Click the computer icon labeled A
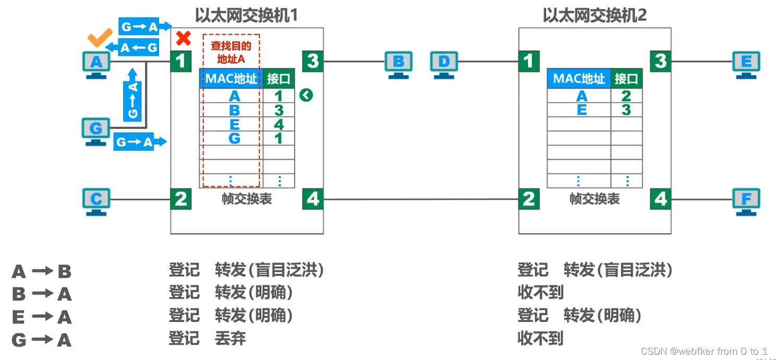point(96,64)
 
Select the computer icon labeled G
point(96,129)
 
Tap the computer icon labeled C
point(96,200)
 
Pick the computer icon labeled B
point(398,63)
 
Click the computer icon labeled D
point(444,63)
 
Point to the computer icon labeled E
point(746,63)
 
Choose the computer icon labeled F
point(746,200)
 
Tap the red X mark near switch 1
point(183,38)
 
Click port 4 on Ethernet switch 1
point(313,199)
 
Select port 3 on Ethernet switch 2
point(661,62)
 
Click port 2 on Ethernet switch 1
point(181,199)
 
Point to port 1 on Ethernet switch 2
point(529,62)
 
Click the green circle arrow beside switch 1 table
point(306,95)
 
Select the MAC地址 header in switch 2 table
point(578,79)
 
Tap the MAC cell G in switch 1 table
point(234,138)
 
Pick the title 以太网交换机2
point(595,15)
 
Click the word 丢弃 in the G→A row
point(230,338)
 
